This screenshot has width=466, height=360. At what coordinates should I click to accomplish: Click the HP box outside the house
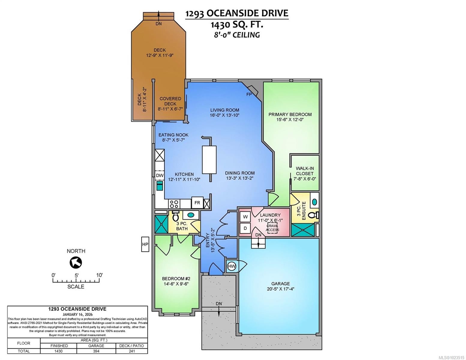pyautogui.click(x=145, y=244)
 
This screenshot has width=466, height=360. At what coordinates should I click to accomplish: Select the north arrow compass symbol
pyautogui.click(x=76, y=263)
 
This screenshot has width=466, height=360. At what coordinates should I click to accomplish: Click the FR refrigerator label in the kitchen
pyautogui.click(x=197, y=203)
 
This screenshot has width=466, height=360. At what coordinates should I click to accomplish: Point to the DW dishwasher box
pyautogui.click(x=160, y=175)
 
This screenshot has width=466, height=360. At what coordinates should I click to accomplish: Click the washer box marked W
pyautogui.click(x=245, y=217)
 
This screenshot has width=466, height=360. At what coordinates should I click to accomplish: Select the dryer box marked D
pyautogui.click(x=245, y=228)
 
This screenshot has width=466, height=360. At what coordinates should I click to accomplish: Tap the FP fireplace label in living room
pyautogui.click(x=249, y=94)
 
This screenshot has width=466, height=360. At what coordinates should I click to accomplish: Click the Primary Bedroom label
pyautogui.click(x=290, y=114)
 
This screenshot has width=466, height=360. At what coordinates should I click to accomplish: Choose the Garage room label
pyautogui.click(x=281, y=283)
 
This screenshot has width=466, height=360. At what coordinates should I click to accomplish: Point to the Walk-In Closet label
pyautogui.click(x=305, y=171)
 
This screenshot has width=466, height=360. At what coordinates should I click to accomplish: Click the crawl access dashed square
pyautogui.click(x=272, y=228)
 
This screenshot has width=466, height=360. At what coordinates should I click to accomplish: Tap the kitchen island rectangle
pyautogui.click(x=209, y=160)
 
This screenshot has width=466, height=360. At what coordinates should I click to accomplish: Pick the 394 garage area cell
pyautogui.click(x=96, y=351)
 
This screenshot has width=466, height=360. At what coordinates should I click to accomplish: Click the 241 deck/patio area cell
pyautogui.click(x=132, y=351)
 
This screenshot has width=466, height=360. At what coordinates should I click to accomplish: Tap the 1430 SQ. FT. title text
pyautogui.click(x=237, y=24)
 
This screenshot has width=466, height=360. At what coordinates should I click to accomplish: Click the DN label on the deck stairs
pyautogui.click(x=159, y=24)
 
